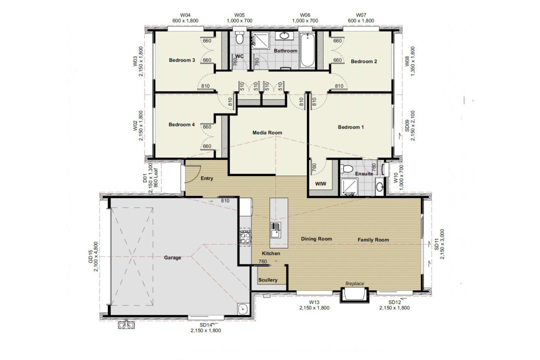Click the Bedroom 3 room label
click(182, 60)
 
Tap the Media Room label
click(267, 132)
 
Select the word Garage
click(172, 257)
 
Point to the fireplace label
click(354, 283)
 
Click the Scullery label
click(268, 280)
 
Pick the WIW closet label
click(320, 184)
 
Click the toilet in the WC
click(240, 37)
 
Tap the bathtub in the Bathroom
click(307, 50)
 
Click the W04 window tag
click(185, 15)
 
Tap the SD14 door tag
click(205, 325)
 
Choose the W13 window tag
click(314, 302)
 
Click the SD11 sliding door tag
click(436, 244)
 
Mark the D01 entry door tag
click(144, 178)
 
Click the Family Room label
click(373, 240)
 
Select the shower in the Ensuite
click(349, 186)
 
